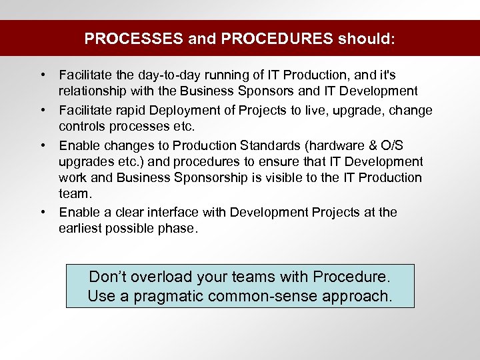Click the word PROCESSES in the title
133,39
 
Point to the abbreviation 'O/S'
411,145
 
